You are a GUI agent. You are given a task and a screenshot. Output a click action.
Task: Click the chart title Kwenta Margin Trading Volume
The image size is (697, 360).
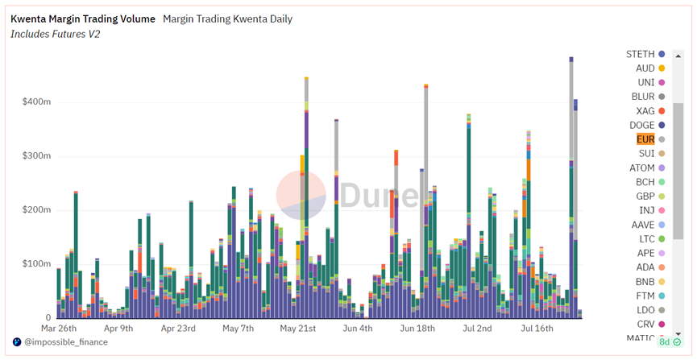pyautogui.click(x=83, y=19)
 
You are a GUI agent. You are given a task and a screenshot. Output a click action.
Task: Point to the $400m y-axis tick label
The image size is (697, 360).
pyautogui.click(x=36, y=102)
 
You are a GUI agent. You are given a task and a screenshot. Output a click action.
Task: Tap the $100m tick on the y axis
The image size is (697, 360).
pyautogui.click(x=36, y=264)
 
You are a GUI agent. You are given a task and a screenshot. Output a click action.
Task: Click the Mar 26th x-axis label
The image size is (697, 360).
pyautogui.click(x=59, y=329)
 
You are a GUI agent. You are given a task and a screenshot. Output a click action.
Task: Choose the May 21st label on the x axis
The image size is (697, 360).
pyautogui.click(x=297, y=329)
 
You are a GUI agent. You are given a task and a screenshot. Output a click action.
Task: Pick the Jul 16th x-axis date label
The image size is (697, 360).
pyautogui.click(x=537, y=329)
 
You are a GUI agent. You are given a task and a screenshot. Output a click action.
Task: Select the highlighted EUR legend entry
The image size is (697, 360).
pyautogui.click(x=645, y=139)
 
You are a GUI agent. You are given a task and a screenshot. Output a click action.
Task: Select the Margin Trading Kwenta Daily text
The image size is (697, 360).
pyautogui.click(x=227, y=19)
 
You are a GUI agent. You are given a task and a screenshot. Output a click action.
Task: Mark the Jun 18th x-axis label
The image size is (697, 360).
pyautogui.click(x=417, y=329)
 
